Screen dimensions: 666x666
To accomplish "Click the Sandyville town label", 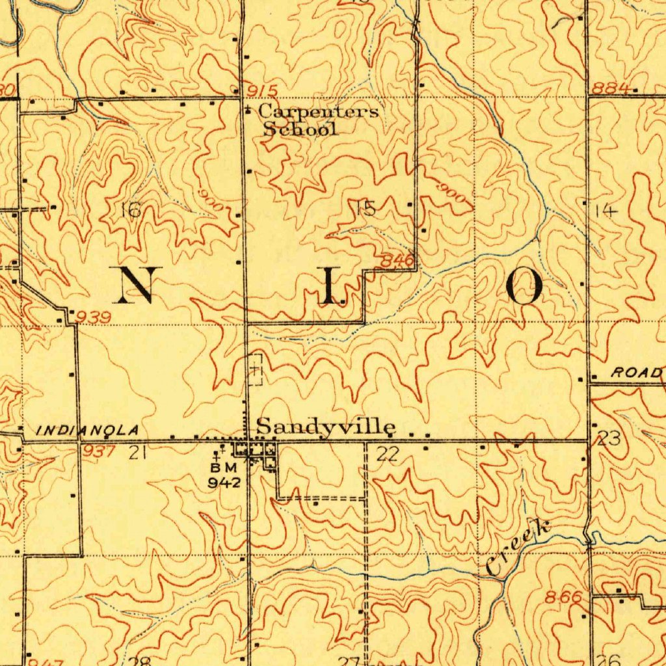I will click(x=326, y=427).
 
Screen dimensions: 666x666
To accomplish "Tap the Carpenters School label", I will click(x=315, y=120).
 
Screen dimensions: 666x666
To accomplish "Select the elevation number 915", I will click(x=263, y=90).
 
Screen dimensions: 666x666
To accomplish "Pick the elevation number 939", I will click(x=94, y=317).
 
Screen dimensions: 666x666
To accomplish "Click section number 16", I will click(x=131, y=209).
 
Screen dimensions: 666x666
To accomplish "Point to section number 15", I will click(x=366, y=208).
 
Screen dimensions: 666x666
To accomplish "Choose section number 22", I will click(x=387, y=453).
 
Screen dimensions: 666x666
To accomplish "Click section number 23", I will click(x=609, y=439).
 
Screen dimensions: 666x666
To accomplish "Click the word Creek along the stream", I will click(x=518, y=548).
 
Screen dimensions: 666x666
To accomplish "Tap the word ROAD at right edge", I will click(x=635, y=373).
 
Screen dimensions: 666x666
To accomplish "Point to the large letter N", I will click(x=137, y=285).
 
